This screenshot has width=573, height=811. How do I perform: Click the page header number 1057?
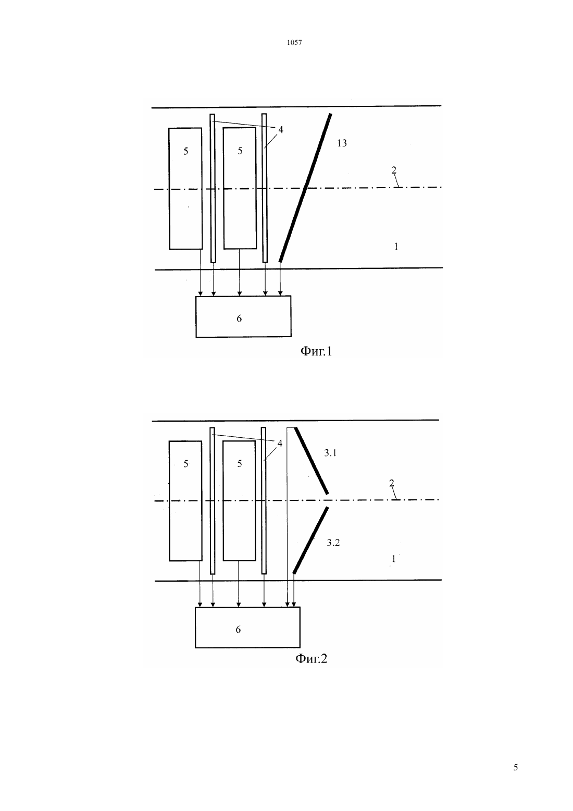coord(294,42)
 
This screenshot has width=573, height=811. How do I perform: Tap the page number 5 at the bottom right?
coord(516,767)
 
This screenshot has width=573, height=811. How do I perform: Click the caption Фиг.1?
coord(316,351)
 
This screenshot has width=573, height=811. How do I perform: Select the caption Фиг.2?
coord(311,658)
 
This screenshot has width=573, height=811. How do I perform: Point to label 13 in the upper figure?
coord(342,143)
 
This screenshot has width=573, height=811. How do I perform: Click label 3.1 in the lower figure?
coord(330,453)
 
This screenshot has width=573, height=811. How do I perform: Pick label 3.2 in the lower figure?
coord(333,543)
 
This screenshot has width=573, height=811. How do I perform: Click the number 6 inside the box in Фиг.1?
coord(239,318)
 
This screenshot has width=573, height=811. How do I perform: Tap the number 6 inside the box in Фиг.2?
coord(238,629)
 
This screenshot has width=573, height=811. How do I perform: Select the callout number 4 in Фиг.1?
coord(281,129)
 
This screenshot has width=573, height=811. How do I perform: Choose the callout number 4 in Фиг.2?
coord(280,443)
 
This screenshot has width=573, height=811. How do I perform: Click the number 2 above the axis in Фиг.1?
coord(394,170)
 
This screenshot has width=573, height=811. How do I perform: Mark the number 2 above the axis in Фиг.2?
coord(391,483)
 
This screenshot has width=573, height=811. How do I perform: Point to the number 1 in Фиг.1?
coord(396,247)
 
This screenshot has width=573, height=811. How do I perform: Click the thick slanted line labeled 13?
coord(305,188)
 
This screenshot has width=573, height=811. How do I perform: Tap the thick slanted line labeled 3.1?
coord(311,461)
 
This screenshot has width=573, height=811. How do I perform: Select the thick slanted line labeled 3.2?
coord(311,540)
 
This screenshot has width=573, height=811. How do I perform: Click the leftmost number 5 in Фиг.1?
coord(185,151)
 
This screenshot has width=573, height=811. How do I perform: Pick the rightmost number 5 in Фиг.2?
coord(240,463)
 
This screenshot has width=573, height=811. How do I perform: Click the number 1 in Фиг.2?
coord(394,559)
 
